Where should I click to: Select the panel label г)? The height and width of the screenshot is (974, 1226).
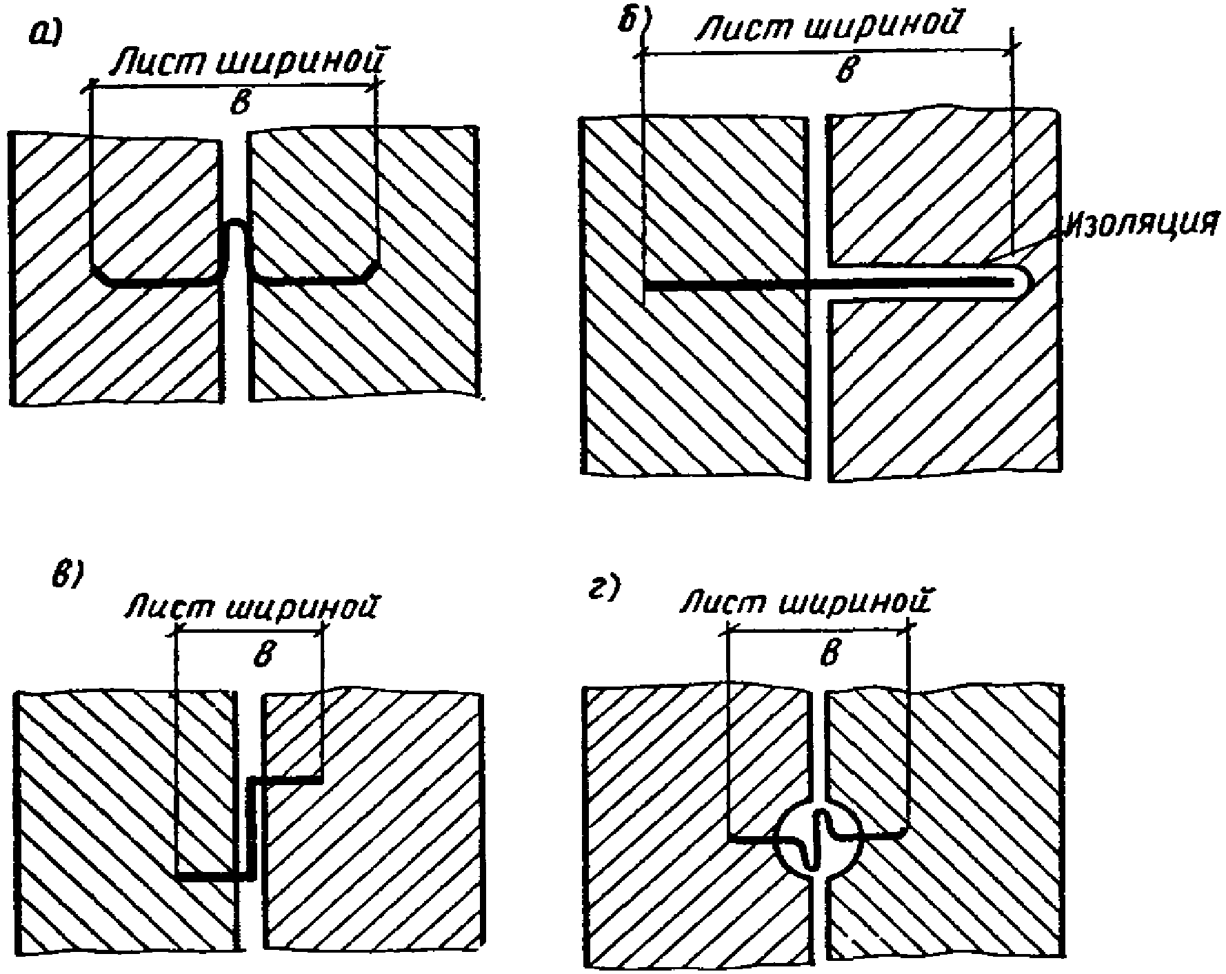604,590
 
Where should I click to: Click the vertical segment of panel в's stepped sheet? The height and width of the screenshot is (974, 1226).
252,827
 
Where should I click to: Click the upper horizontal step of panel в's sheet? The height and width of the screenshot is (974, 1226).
286,780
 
